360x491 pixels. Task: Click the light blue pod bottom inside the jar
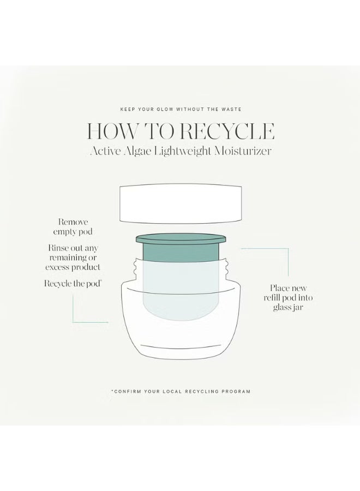180,308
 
